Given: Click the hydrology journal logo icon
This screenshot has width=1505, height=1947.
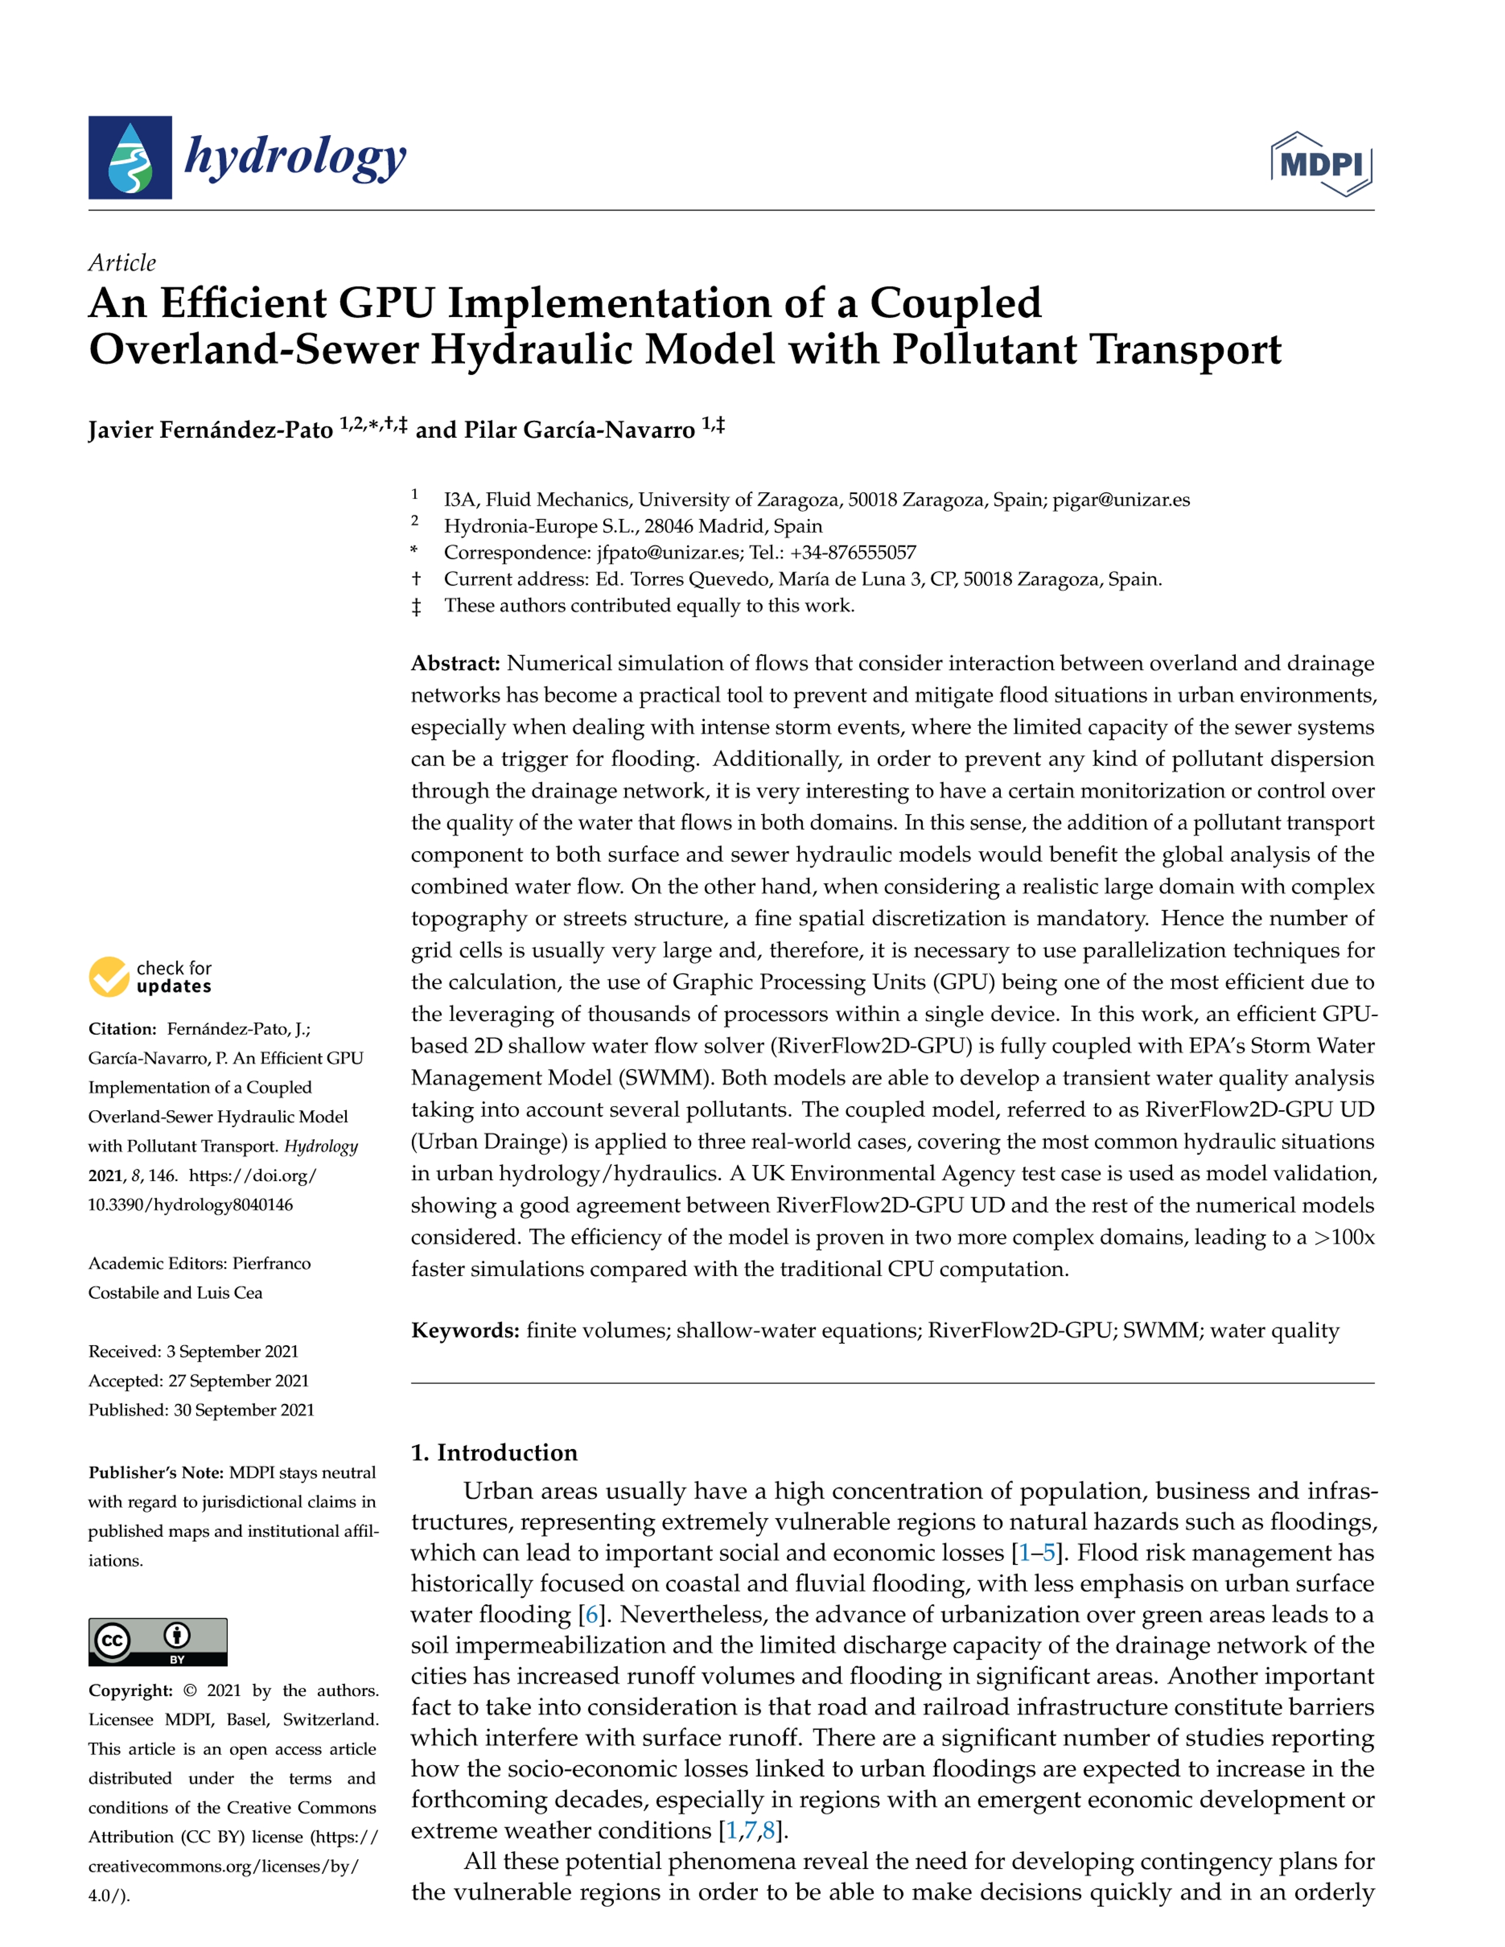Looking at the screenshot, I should click(x=130, y=158).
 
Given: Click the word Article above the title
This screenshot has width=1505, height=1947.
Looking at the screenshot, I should click(x=122, y=263).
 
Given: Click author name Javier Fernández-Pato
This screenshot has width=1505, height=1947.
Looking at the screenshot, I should click(x=211, y=431).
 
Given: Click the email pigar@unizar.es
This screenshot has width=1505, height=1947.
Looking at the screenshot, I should click(x=1121, y=500).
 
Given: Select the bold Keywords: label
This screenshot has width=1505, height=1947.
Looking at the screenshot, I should click(x=464, y=1331).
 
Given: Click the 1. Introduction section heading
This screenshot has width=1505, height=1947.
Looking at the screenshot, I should click(x=494, y=1453).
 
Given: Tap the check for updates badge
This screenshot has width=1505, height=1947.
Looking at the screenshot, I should click(x=150, y=977).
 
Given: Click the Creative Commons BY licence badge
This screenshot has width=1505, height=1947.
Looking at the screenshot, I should click(x=158, y=1641).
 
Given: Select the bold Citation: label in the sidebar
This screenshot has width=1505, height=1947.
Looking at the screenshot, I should click(x=122, y=1029).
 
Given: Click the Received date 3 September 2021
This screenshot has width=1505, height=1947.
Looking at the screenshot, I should click(x=232, y=1352).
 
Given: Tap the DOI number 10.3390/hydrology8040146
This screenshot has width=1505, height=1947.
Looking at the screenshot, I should click(x=190, y=1205).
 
